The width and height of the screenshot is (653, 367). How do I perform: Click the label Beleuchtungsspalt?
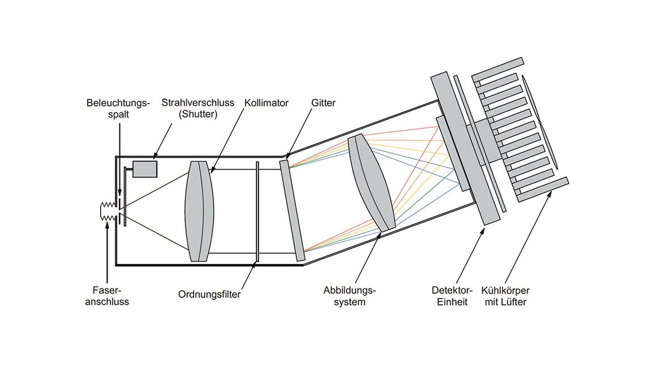[x=119, y=109]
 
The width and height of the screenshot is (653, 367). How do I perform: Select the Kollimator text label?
[x=267, y=103]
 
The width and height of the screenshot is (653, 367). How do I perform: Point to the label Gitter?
[x=323, y=103]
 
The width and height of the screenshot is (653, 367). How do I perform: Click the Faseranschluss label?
[x=108, y=296]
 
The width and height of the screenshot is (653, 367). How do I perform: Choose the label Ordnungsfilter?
[x=209, y=295]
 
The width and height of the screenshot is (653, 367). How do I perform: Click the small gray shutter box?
[x=145, y=169]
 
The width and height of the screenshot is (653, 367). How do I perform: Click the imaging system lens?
[x=371, y=182]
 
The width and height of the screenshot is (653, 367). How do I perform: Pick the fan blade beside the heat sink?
[x=541, y=122]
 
